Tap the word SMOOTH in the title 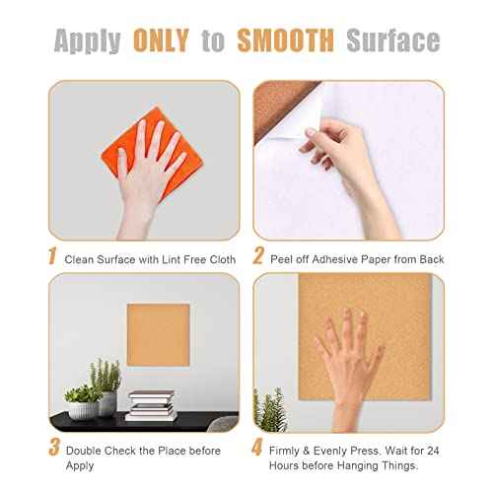coord(284,40)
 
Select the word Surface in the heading coord(392,40)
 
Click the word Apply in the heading coord(88,40)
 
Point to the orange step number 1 coord(52,257)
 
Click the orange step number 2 coord(258,257)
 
